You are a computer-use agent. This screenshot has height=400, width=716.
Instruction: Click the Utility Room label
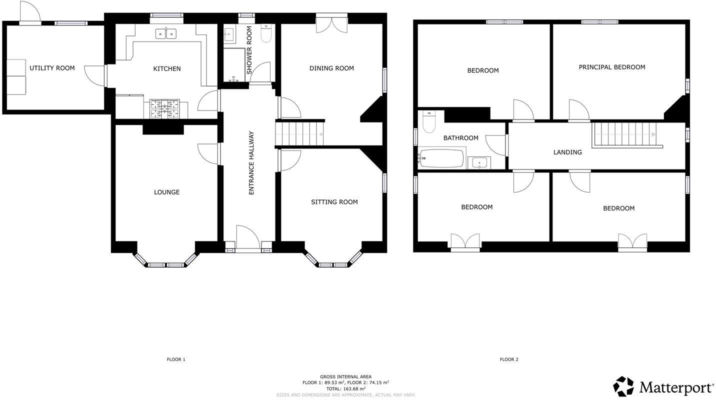(x=52, y=68)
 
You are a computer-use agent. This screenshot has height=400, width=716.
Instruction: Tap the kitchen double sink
(x=165, y=33)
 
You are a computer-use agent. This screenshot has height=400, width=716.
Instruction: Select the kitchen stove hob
(x=164, y=108)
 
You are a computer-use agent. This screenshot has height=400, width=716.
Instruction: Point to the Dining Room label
(x=331, y=68)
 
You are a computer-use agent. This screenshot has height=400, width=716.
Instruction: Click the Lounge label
(x=166, y=192)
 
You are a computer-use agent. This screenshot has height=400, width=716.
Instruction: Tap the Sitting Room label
(x=334, y=202)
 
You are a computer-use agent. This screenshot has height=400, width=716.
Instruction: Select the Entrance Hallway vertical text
(x=251, y=163)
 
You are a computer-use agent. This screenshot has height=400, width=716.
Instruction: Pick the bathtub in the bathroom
(x=441, y=158)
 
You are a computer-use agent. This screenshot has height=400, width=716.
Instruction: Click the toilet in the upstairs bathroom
(x=429, y=122)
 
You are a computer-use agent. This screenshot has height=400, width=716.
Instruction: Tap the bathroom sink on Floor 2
(x=479, y=162)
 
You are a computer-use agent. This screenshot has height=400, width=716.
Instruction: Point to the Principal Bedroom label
(x=611, y=67)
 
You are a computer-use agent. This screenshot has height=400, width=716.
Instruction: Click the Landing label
(x=567, y=152)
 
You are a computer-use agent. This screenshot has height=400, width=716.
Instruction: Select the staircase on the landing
(x=625, y=134)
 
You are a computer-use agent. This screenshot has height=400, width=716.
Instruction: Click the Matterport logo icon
(x=623, y=386)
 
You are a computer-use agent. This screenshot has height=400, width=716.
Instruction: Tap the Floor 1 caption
(x=176, y=359)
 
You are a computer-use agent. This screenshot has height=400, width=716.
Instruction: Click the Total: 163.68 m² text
(x=345, y=388)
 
